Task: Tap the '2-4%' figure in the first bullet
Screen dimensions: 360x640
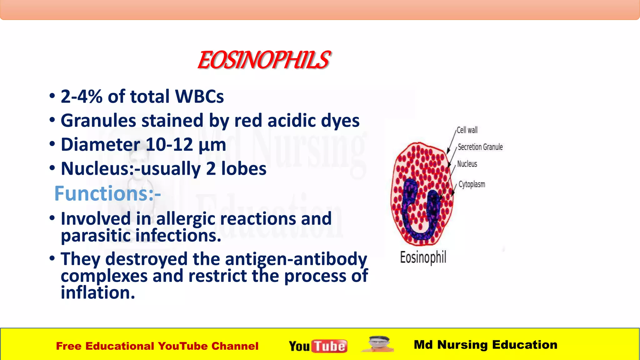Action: (x=81, y=96)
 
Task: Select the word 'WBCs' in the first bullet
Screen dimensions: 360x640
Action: (x=199, y=96)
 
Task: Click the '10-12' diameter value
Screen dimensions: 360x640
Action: (x=169, y=145)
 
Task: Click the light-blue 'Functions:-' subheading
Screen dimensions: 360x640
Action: (x=107, y=193)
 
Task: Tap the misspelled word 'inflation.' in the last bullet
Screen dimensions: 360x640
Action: (x=97, y=293)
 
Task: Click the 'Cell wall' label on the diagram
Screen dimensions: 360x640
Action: (x=467, y=130)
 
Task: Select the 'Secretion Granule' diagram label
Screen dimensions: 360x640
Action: (x=480, y=147)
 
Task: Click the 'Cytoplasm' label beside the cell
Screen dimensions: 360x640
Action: (x=472, y=184)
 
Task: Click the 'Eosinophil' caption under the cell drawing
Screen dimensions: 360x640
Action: (x=423, y=257)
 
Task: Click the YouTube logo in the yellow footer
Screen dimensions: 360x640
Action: (x=318, y=346)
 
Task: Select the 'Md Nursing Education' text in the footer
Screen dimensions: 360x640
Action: (x=485, y=345)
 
